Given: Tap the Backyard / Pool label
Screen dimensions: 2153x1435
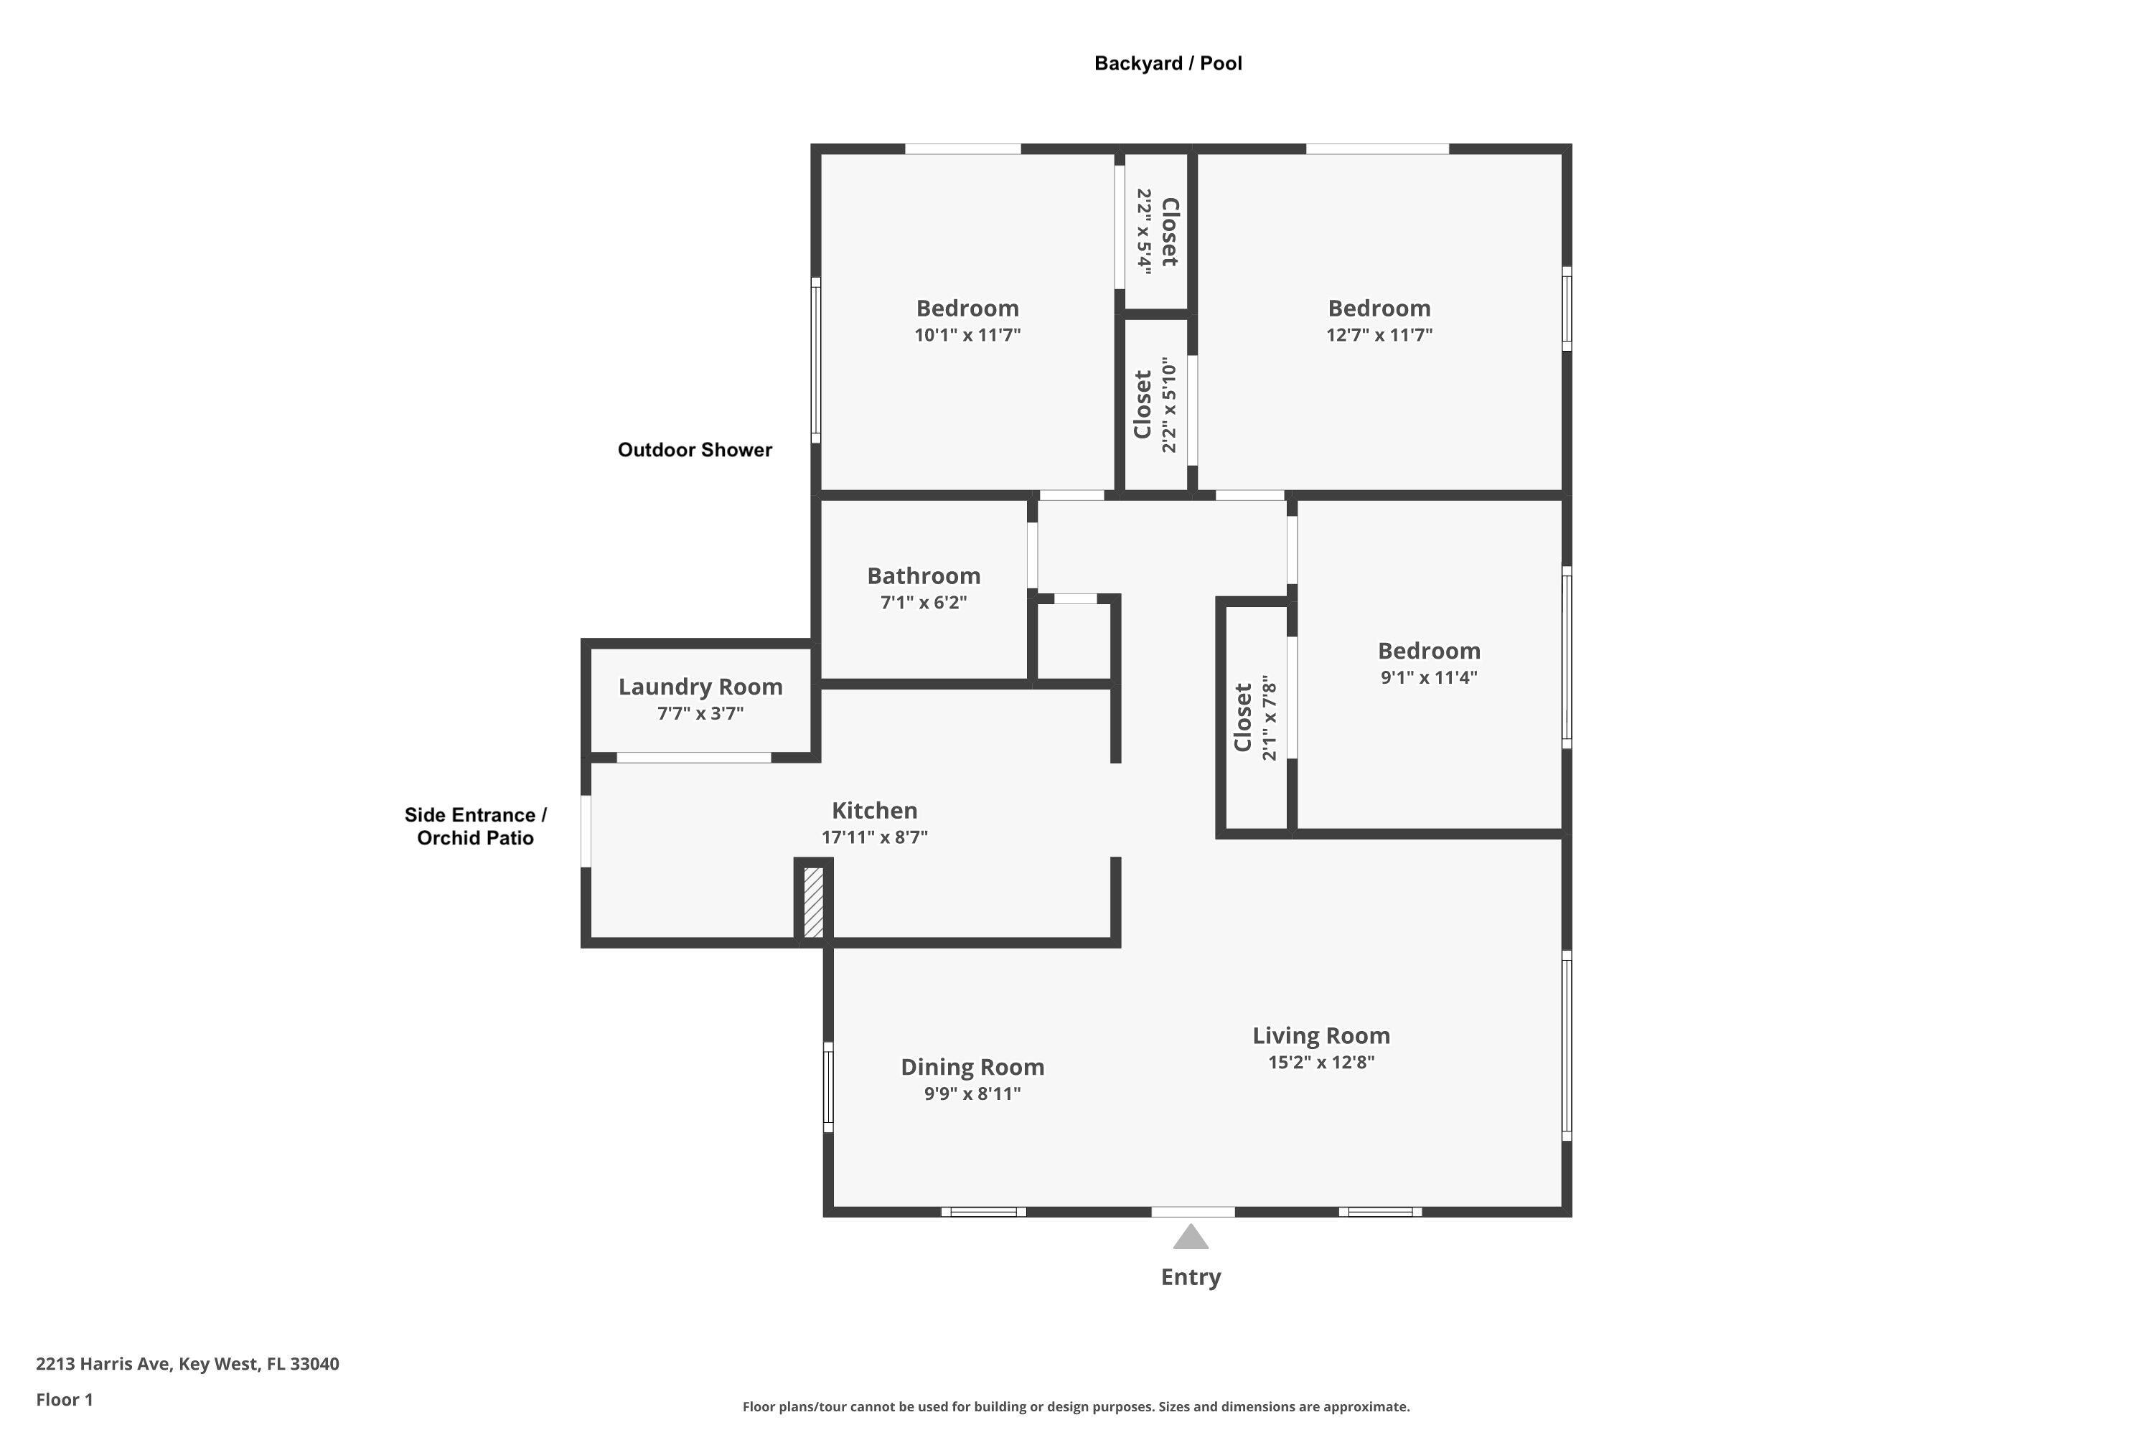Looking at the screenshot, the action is coord(1168,63).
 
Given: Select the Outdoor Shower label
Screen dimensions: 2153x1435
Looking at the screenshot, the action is coord(695,449).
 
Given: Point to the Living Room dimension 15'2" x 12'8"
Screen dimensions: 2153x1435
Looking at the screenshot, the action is coord(1321,1063).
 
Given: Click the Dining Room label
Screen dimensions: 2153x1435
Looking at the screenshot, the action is coord(972,1067).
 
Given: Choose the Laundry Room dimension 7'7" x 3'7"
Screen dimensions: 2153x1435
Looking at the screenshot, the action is coord(700,714).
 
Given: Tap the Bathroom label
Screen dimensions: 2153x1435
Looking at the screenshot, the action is coord(924,575).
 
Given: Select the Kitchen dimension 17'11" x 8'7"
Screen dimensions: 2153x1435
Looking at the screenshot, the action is coord(874,837).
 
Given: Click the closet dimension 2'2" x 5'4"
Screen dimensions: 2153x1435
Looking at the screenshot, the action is coord(1143,232).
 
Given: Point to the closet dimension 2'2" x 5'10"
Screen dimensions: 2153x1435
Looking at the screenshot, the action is coord(1168,405).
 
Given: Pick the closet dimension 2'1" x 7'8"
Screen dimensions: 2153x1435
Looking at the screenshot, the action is coord(1268,718).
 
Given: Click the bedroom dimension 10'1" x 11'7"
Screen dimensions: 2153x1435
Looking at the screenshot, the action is coord(967,335).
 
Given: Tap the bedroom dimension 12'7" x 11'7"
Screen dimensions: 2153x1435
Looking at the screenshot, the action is coord(1379,335).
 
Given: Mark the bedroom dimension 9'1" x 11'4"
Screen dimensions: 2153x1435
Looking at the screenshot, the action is coord(1429,678).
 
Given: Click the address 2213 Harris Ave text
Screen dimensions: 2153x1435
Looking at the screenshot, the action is coord(103,1364).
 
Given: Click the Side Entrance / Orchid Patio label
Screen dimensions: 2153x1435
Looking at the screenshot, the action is coord(476,827).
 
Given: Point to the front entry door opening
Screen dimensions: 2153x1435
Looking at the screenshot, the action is coord(1193,1212).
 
